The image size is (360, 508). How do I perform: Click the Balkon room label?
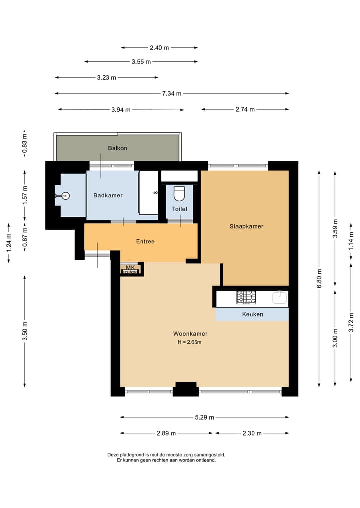pyautogui.click(x=117, y=148)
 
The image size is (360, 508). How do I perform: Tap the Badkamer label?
pyautogui.click(x=108, y=195)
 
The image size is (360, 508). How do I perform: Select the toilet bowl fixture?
pyautogui.click(x=179, y=194)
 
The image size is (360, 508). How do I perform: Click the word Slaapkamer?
pyautogui.click(x=246, y=226)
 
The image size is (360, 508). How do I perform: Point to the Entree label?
pyautogui.click(x=145, y=241)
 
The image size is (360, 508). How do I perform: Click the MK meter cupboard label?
pyautogui.click(x=130, y=267)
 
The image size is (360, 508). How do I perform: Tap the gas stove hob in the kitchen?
pyautogui.click(x=246, y=297)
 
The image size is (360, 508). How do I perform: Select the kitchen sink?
pyautogui.click(x=280, y=297)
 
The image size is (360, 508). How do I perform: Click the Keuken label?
pyautogui.click(x=252, y=314)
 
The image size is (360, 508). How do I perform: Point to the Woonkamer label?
pyautogui.click(x=190, y=333)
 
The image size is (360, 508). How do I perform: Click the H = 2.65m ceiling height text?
pyautogui.click(x=189, y=342)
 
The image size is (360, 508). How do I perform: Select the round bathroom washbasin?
pyautogui.click(x=66, y=196)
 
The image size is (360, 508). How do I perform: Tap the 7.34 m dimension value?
pyautogui.click(x=172, y=93)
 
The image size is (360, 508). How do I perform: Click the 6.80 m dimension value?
pyautogui.click(x=319, y=278)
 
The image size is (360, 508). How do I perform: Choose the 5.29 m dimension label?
pyautogui.click(x=204, y=417)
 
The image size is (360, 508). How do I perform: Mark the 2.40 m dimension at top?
pyautogui.click(x=159, y=48)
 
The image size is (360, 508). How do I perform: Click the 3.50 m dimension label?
pyautogui.click(x=25, y=331)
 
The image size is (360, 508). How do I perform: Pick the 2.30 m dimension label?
pyautogui.click(x=252, y=433)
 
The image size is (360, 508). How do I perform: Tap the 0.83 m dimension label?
pyautogui.click(x=25, y=143)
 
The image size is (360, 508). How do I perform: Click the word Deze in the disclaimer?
pyautogui.click(x=113, y=455)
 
